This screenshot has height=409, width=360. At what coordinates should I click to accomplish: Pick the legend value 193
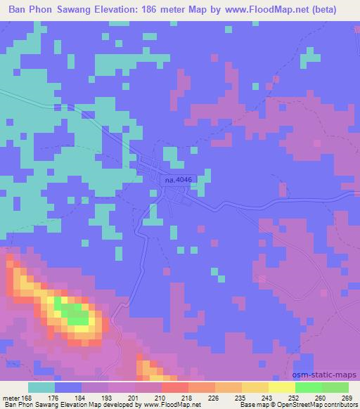(x=108, y=398)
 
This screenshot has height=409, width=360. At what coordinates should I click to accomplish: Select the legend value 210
(x=161, y=398)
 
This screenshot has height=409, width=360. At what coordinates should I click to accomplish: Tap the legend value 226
(x=214, y=398)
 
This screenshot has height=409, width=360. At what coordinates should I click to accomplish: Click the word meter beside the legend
(x=10, y=398)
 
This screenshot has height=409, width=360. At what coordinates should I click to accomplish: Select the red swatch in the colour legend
(x=174, y=387)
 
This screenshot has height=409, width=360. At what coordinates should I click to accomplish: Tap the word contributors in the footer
(x=340, y=405)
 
